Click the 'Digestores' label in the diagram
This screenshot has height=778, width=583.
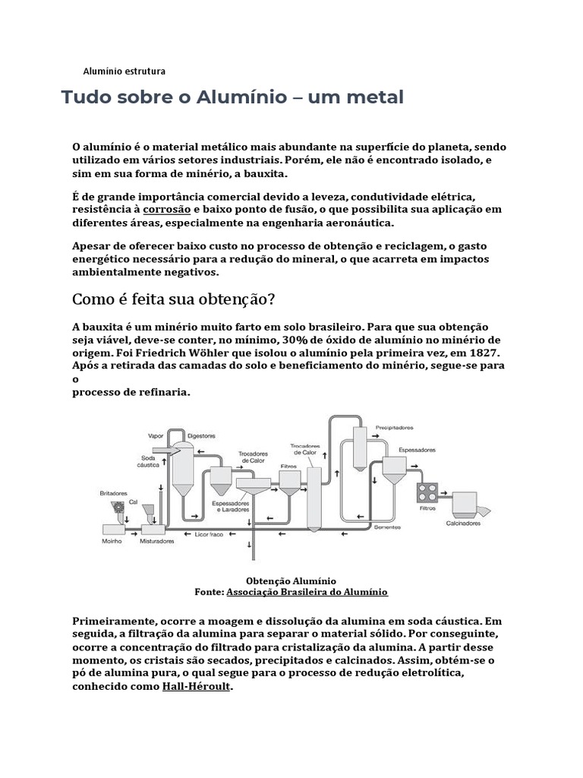[x=201, y=436]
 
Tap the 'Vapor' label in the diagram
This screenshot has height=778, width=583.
[x=156, y=436]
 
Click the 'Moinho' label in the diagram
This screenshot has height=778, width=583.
[x=112, y=542]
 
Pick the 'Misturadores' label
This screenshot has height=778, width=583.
[x=157, y=542]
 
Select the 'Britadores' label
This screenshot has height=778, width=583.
[x=114, y=493]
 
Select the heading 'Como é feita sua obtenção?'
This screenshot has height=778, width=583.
[x=173, y=298]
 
